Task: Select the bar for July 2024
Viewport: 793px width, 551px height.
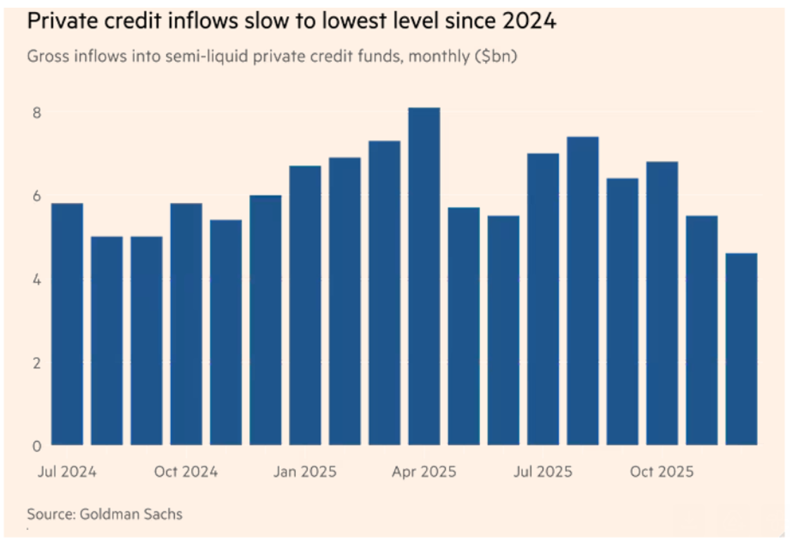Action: coord(67,324)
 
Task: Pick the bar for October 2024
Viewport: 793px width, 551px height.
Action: coord(186,324)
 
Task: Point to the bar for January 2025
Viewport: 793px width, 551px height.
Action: coord(305,305)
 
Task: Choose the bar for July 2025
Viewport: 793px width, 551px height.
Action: coord(543,299)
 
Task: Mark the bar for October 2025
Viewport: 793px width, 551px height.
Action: coord(662,303)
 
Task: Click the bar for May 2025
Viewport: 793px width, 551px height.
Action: coord(463,326)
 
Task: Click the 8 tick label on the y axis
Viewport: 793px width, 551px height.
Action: coord(37,112)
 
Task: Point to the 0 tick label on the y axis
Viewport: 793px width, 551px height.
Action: coord(37,446)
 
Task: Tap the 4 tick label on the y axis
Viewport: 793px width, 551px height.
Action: coord(37,280)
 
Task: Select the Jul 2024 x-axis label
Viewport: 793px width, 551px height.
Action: coord(67,471)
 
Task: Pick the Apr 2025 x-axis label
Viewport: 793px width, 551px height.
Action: coord(423,471)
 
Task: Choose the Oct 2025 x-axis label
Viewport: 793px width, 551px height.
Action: coord(662,471)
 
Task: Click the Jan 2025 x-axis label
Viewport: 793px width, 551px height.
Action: coord(304,471)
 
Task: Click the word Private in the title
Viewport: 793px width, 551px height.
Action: coord(63,22)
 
